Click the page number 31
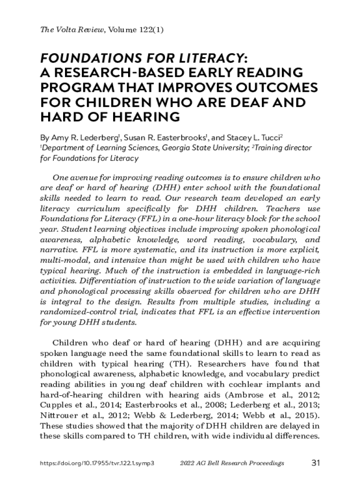[315, 463]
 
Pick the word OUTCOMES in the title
[272, 87]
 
